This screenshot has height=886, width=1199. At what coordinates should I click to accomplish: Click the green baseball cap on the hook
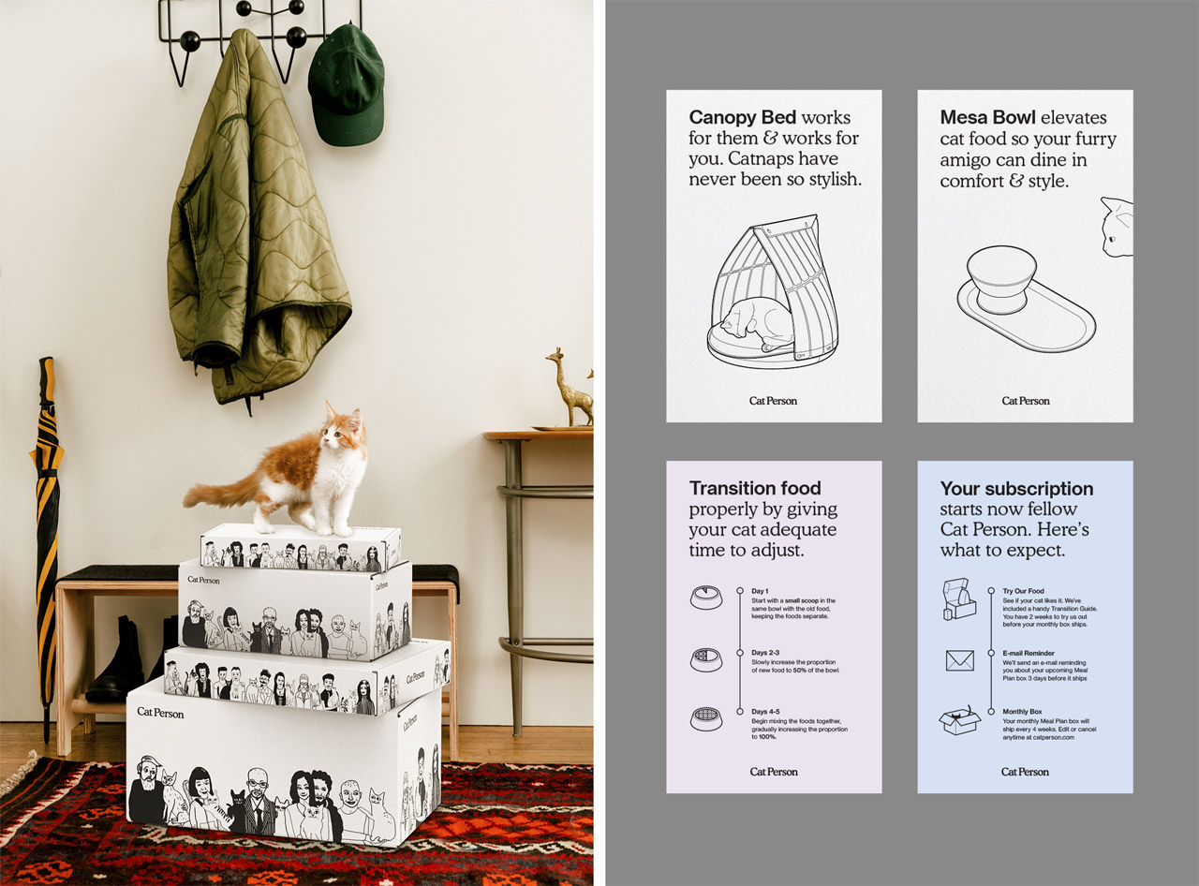point(346,86)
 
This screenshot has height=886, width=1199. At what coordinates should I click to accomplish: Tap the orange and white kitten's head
point(342,430)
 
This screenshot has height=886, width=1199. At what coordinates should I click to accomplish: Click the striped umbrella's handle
point(47,381)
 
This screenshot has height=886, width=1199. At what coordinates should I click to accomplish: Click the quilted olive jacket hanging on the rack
point(254,222)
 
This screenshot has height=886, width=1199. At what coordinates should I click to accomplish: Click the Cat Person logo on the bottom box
point(160,713)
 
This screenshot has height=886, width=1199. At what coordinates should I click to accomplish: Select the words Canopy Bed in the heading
point(742,117)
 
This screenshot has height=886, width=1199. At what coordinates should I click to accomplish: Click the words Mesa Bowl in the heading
point(987,117)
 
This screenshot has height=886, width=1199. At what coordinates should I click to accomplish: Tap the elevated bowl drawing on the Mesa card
point(1026,299)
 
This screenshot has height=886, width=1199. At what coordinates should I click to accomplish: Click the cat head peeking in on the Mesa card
point(1118,227)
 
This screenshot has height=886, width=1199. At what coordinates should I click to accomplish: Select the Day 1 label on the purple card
point(760,591)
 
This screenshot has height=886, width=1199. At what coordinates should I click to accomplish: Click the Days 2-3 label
point(765,653)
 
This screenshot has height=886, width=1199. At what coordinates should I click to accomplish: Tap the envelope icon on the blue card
point(959,660)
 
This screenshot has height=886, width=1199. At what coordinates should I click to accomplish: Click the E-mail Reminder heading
point(1036,653)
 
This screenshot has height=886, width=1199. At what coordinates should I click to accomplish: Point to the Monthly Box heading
point(1022,712)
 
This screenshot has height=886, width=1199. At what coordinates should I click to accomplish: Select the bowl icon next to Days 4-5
point(706,719)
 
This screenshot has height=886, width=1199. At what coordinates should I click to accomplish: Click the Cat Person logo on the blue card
point(1025,772)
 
